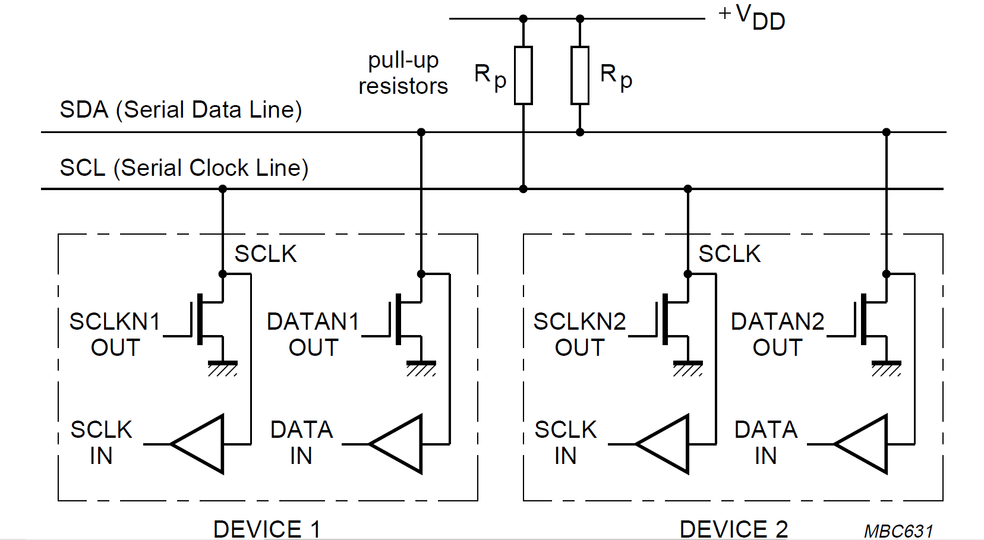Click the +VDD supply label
point(752,18)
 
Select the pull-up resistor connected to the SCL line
point(523,75)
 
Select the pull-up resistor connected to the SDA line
point(580,75)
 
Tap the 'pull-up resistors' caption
point(403,73)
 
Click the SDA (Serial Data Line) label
point(181,109)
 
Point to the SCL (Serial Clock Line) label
point(184,168)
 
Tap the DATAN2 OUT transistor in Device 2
point(871,319)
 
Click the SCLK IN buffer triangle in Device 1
point(197,444)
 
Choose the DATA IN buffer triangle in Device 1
point(396,444)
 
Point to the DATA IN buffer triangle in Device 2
point(861,444)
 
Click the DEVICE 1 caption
point(267,529)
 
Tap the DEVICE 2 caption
point(734,529)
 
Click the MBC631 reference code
point(898,531)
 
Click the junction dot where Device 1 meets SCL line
point(223,189)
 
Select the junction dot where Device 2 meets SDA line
point(887,132)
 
